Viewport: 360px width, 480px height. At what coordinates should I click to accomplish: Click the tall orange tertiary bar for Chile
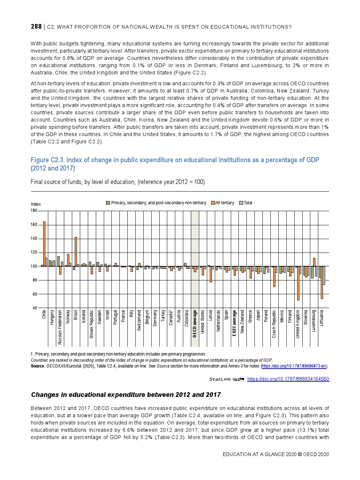coord(44,243)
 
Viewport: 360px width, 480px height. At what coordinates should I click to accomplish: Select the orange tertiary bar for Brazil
coord(76,251)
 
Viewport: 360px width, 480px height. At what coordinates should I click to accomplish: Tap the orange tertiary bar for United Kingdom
coord(298,283)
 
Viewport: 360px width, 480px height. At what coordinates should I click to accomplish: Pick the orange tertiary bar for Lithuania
coord(322,282)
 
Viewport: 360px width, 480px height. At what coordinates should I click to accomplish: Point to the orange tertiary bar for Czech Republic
coord(274,276)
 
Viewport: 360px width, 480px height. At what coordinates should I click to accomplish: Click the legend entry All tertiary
coord(225,203)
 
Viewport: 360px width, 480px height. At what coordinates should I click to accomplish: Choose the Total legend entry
coord(248,203)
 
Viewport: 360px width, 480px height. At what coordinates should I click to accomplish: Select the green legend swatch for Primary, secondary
coord(108,203)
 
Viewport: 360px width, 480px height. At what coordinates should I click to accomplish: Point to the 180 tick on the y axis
coord(34,211)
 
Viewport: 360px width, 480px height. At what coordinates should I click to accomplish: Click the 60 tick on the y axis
coord(35,294)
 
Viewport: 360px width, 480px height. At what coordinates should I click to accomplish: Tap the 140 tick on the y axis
coord(34,239)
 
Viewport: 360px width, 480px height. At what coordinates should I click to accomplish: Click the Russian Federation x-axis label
coord(60,327)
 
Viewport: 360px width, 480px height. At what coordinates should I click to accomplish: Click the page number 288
coord(36,26)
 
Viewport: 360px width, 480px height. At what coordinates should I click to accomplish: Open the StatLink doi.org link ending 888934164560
coord(288,379)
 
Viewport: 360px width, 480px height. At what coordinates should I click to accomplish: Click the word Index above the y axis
coord(36,204)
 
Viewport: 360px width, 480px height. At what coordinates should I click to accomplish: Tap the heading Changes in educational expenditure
coord(126,395)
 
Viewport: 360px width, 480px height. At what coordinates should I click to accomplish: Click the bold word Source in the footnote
coord(37,366)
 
